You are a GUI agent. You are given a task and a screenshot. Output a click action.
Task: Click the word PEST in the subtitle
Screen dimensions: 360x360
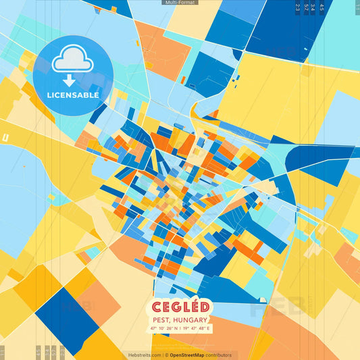(x=162, y=319)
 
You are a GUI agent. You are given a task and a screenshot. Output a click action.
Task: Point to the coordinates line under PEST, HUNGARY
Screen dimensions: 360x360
(x=180, y=328)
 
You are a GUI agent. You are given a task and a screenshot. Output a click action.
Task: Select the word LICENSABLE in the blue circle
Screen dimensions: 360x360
(x=72, y=95)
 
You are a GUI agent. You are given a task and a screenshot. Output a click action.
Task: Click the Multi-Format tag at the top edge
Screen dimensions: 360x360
(x=180, y=3)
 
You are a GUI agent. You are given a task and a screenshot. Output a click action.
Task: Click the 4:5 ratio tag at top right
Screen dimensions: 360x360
(x=322, y=7)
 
